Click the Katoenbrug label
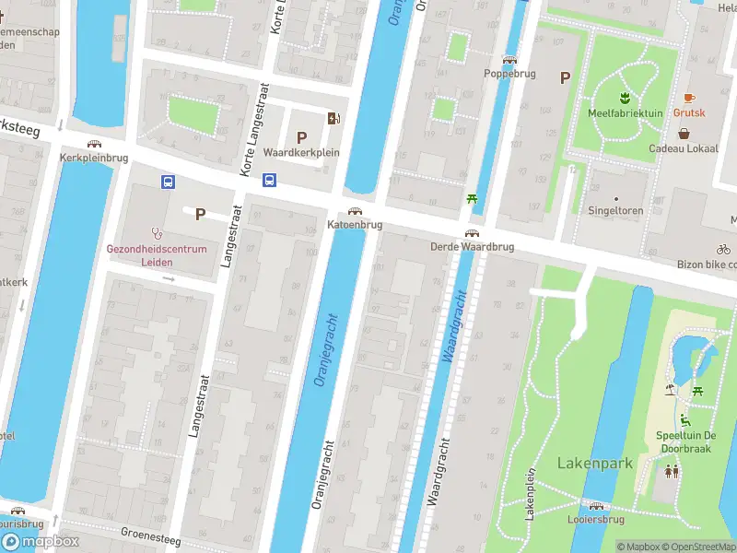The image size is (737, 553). point(355,225)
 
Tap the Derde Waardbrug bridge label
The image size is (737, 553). point(471,247)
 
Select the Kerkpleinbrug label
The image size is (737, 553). point(93,158)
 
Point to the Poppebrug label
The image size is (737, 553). point(509,73)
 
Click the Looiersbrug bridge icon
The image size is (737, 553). point(596,506)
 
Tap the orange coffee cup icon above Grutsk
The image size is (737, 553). point(688,98)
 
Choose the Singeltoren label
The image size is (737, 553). point(615,210)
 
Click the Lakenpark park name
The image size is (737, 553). point(594,463)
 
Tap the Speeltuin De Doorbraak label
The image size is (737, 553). point(685,441)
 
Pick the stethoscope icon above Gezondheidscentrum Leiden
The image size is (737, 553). point(157,234)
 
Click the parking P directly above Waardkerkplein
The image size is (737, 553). point(301,136)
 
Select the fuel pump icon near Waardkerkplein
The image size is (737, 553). point(333,117)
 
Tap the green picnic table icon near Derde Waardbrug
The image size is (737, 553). point(473,198)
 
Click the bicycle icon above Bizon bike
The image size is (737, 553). point(724,249)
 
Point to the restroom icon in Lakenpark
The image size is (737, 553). point(673,471)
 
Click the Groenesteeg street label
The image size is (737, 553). point(151,535)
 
